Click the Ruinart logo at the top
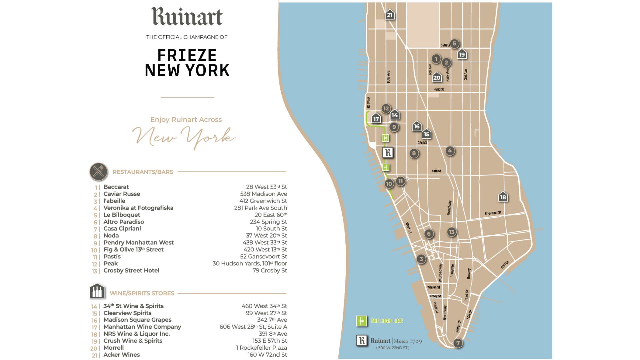tap(187, 17)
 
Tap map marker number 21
tap(390, 15)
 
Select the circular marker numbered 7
tap(458, 343)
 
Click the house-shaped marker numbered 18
tap(503, 197)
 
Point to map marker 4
tap(450, 151)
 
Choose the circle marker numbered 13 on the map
tap(451, 232)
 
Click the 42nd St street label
tap(439, 89)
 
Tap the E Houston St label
tap(493, 213)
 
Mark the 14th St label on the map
tap(436, 171)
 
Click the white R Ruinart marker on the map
tap(388, 153)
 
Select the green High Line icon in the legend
tap(361, 321)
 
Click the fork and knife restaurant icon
tap(99, 172)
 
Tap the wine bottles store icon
tap(97, 291)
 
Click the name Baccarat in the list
tap(116, 187)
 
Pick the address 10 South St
tap(271, 229)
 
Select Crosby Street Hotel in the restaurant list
tap(131, 271)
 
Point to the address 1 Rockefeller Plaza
tap(261, 348)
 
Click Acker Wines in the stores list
tap(122, 355)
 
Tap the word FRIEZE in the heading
tap(187, 55)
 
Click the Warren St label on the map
tap(433, 287)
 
